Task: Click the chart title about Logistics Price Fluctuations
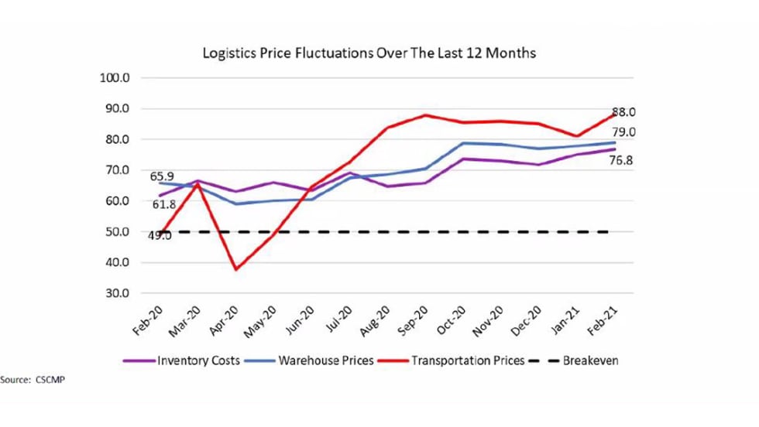point(369,53)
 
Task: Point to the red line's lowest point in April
point(235,269)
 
